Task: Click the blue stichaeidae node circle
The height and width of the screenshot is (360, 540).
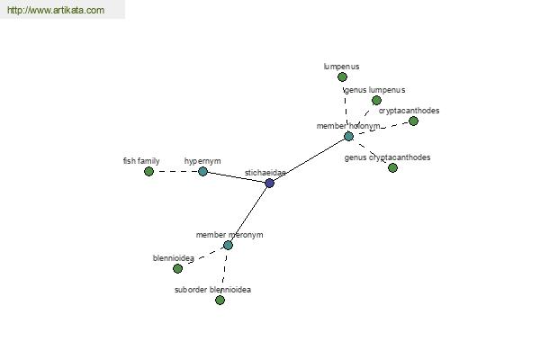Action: pyautogui.click(x=270, y=183)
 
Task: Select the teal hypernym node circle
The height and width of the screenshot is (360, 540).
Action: pyautogui.click(x=202, y=171)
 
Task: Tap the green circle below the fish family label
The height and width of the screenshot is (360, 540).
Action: pyautogui.click(x=148, y=171)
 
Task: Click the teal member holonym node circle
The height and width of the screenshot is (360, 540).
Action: pyautogui.click(x=349, y=137)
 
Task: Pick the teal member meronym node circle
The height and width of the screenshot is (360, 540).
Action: pyautogui.click(x=228, y=246)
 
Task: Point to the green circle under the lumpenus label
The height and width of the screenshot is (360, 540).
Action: pyautogui.click(x=342, y=76)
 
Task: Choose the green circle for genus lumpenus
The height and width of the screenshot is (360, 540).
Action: pyautogui.click(x=376, y=100)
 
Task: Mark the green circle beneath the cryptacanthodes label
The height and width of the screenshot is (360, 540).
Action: pyautogui.click(x=413, y=121)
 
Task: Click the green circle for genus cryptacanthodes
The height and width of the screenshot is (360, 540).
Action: pyautogui.click(x=392, y=167)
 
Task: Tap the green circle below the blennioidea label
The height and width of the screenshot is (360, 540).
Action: pyautogui.click(x=177, y=268)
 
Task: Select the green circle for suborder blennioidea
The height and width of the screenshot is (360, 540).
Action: pyautogui.click(x=220, y=300)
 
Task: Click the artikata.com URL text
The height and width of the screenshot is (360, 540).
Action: pyautogui.click(x=56, y=10)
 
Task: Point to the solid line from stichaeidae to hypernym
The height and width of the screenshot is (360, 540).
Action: pyautogui.click(x=236, y=177)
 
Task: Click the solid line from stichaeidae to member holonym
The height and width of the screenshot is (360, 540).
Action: pyautogui.click(x=310, y=160)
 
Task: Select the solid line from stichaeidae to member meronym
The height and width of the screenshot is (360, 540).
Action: pyautogui.click(x=248, y=214)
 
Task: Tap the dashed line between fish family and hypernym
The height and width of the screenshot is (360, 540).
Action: pyautogui.click(x=175, y=171)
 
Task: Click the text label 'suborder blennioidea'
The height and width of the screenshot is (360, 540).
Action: pyautogui.click(x=212, y=290)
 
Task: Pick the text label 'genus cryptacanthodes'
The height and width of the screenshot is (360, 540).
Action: pyautogui.click(x=387, y=157)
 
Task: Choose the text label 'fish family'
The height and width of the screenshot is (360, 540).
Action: pyautogui.click(x=141, y=161)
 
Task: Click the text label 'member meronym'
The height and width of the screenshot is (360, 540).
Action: pyautogui.click(x=229, y=235)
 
